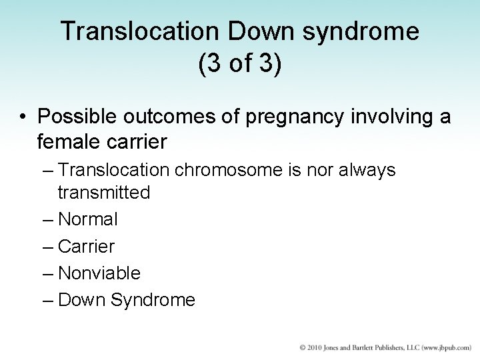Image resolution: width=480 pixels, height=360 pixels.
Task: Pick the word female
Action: click(71, 143)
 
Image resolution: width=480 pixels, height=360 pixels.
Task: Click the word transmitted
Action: click(103, 193)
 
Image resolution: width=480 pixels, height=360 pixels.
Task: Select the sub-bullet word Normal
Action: click(89, 219)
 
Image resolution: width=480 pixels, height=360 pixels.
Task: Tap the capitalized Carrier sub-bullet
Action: click(87, 246)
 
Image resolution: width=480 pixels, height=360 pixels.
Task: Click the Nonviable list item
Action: click(99, 273)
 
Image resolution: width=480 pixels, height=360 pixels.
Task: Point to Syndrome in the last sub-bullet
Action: click(153, 300)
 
